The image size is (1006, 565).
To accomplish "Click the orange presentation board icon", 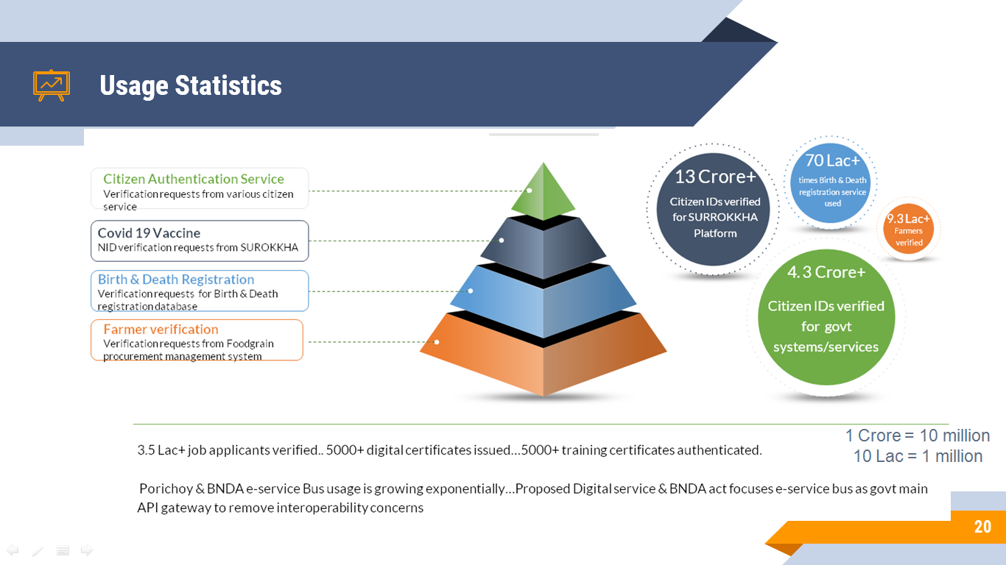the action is pyautogui.click(x=52, y=85).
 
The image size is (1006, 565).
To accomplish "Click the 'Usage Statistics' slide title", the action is pyautogui.click(x=191, y=86).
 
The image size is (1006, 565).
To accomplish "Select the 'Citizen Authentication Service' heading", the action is pyautogui.click(x=194, y=179).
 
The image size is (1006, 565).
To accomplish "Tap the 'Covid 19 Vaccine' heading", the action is pyautogui.click(x=149, y=233).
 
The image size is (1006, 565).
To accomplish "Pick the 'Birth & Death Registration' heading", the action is pyautogui.click(x=176, y=279).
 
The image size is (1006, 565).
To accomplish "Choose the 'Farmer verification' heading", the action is pyautogui.click(x=161, y=329).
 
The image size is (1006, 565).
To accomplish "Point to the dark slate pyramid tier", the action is pyautogui.click(x=544, y=247).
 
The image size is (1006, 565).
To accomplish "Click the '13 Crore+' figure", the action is pyautogui.click(x=715, y=177).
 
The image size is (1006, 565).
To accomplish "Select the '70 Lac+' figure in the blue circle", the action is pyautogui.click(x=832, y=160).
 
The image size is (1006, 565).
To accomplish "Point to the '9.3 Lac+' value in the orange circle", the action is pyautogui.click(x=908, y=218).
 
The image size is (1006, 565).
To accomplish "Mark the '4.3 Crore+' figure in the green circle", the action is pyautogui.click(x=826, y=272).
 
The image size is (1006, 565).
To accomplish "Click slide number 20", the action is pyautogui.click(x=982, y=527).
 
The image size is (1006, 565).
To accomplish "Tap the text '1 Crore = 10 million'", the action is pyautogui.click(x=918, y=436).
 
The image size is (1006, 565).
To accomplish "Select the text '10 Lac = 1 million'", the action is pyautogui.click(x=918, y=456).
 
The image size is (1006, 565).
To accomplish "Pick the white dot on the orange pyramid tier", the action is pyautogui.click(x=437, y=342).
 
